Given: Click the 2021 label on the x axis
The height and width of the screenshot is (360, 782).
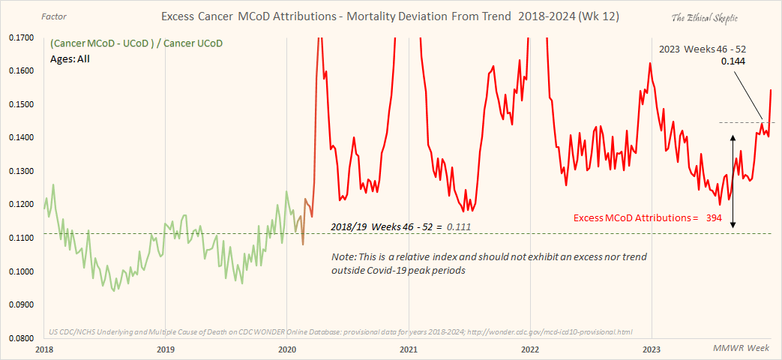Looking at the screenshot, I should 408,349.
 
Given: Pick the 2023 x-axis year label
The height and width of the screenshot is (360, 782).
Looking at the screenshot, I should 652,349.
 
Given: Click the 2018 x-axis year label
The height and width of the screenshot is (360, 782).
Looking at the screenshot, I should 44,349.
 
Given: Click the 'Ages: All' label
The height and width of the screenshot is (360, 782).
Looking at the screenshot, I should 70,58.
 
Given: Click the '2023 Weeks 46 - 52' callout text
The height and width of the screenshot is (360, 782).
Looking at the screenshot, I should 702,49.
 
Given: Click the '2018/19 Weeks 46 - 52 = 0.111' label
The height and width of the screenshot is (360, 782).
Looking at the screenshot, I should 400,226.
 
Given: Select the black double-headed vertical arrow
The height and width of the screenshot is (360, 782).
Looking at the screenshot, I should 733,181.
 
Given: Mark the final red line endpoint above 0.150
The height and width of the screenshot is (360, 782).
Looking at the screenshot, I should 772,90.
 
